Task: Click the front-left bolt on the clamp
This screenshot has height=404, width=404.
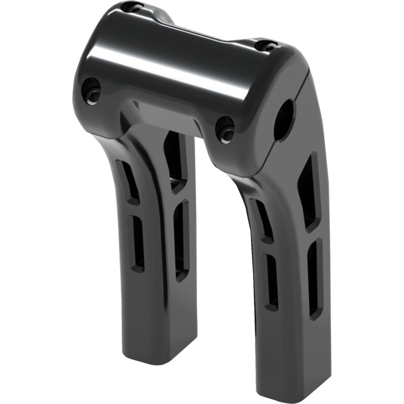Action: (91, 91)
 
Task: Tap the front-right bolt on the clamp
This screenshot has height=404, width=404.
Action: (225, 129)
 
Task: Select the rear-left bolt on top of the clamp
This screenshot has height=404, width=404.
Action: (134, 8)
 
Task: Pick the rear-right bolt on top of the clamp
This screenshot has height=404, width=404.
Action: (266, 45)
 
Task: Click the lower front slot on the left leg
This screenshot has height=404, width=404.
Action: (136, 242)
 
